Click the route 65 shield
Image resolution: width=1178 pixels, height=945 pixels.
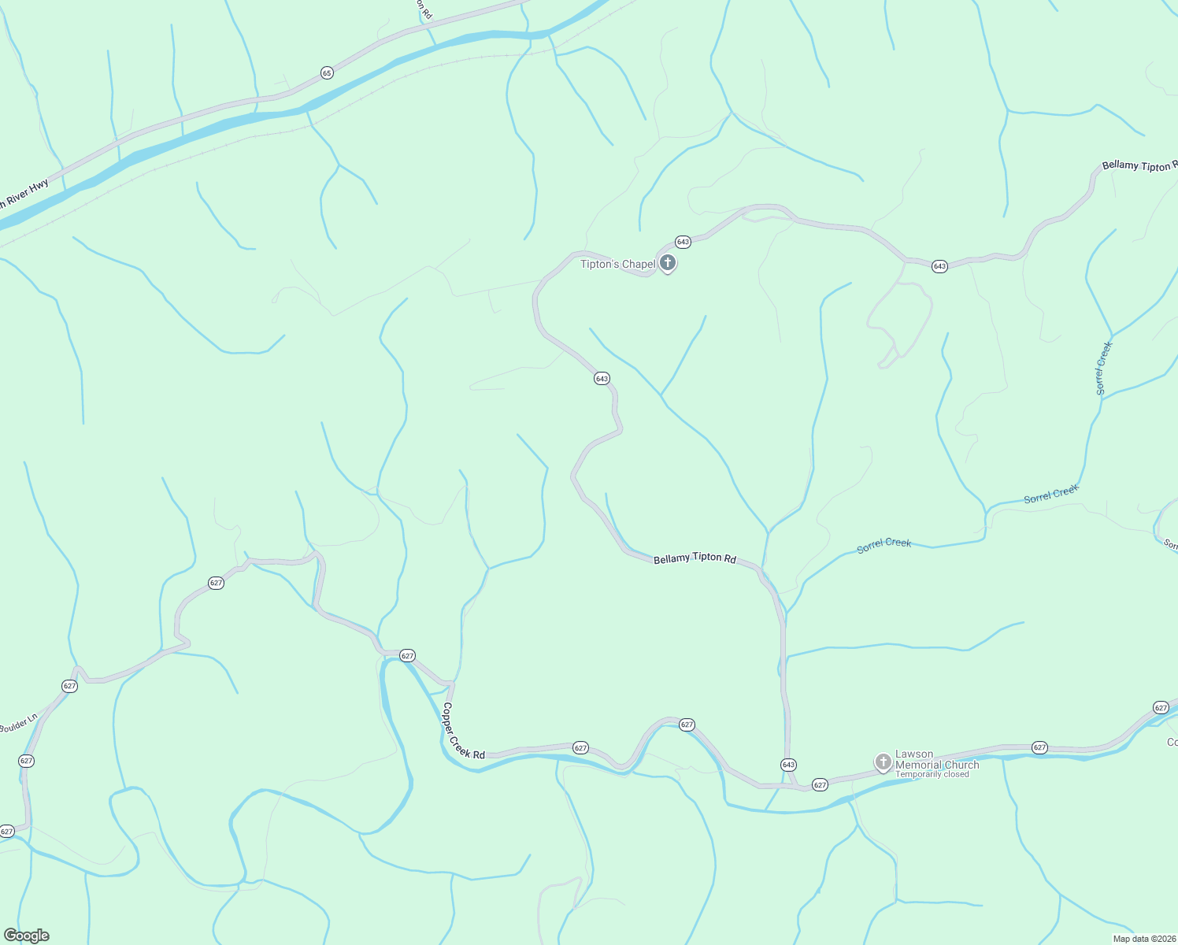click(328, 73)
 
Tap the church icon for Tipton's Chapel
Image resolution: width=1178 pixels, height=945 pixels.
click(668, 263)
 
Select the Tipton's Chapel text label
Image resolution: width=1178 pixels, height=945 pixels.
click(617, 264)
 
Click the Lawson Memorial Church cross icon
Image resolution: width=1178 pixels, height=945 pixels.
click(883, 762)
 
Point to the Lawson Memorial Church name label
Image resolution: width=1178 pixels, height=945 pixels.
click(937, 759)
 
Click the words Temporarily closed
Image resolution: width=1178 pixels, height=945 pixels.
click(932, 774)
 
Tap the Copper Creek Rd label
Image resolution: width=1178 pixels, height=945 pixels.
click(463, 731)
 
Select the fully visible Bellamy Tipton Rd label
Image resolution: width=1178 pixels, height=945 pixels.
click(695, 558)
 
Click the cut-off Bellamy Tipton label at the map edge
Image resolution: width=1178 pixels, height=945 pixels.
click(1139, 166)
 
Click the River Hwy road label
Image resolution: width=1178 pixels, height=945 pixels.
click(24, 194)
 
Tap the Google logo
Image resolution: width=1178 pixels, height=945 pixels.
click(27, 936)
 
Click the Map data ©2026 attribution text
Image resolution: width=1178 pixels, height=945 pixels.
click(1143, 939)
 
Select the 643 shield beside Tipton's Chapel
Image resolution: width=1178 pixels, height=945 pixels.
click(683, 242)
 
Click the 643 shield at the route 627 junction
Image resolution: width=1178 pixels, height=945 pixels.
click(788, 765)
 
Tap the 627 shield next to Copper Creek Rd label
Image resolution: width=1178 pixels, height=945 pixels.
click(580, 747)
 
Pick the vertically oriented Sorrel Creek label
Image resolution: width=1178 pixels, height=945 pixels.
click(1103, 368)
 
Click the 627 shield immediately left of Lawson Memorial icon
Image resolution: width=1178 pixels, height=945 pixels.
click(820, 785)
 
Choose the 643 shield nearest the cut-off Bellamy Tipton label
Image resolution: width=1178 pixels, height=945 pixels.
click(939, 266)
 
